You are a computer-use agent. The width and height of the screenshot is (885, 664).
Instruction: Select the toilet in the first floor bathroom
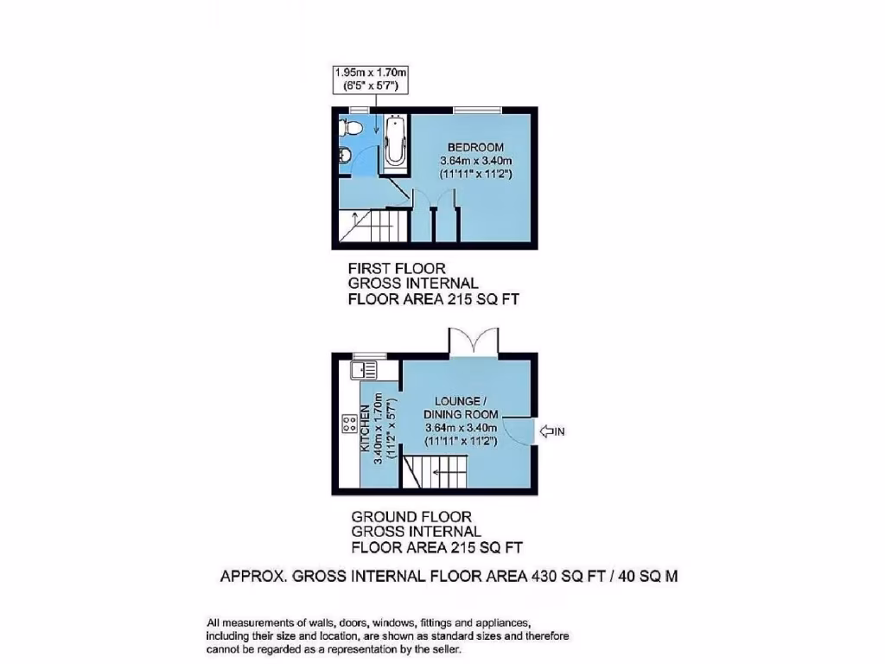349,128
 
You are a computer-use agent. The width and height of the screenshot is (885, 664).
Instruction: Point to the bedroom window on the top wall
478,109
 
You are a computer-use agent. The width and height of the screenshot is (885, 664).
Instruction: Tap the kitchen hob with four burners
350,424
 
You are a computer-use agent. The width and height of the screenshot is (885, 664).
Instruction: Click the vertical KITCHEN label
366,429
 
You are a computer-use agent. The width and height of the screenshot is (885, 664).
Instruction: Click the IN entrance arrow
551,430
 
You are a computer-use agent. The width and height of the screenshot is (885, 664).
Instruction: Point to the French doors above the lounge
473,342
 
